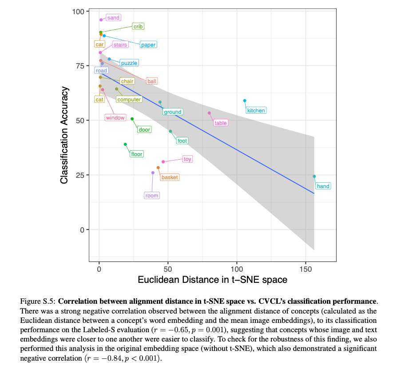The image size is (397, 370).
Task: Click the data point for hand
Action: click(x=314, y=176)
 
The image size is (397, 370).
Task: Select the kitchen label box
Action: click(x=256, y=110)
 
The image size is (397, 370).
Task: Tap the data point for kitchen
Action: click(x=245, y=101)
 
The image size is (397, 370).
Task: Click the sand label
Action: click(x=113, y=18)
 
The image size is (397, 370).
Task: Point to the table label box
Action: click(x=221, y=123)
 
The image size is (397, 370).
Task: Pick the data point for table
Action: click(x=210, y=113)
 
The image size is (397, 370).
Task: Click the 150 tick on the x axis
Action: click(x=305, y=269)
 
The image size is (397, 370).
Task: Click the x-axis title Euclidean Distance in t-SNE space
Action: click(x=212, y=280)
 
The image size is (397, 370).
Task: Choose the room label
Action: click(x=152, y=195)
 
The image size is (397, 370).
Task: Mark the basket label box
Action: click(x=170, y=177)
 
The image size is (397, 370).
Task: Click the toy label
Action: click(x=187, y=159)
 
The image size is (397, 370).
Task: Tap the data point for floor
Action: click(x=125, y=144)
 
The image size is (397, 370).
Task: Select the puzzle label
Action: click(x=129, y=63)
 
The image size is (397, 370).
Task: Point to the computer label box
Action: click(x=129, y=100)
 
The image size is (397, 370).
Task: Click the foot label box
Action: click(x=182, y=141)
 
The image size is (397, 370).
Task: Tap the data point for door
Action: click(x=132, y=119)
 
